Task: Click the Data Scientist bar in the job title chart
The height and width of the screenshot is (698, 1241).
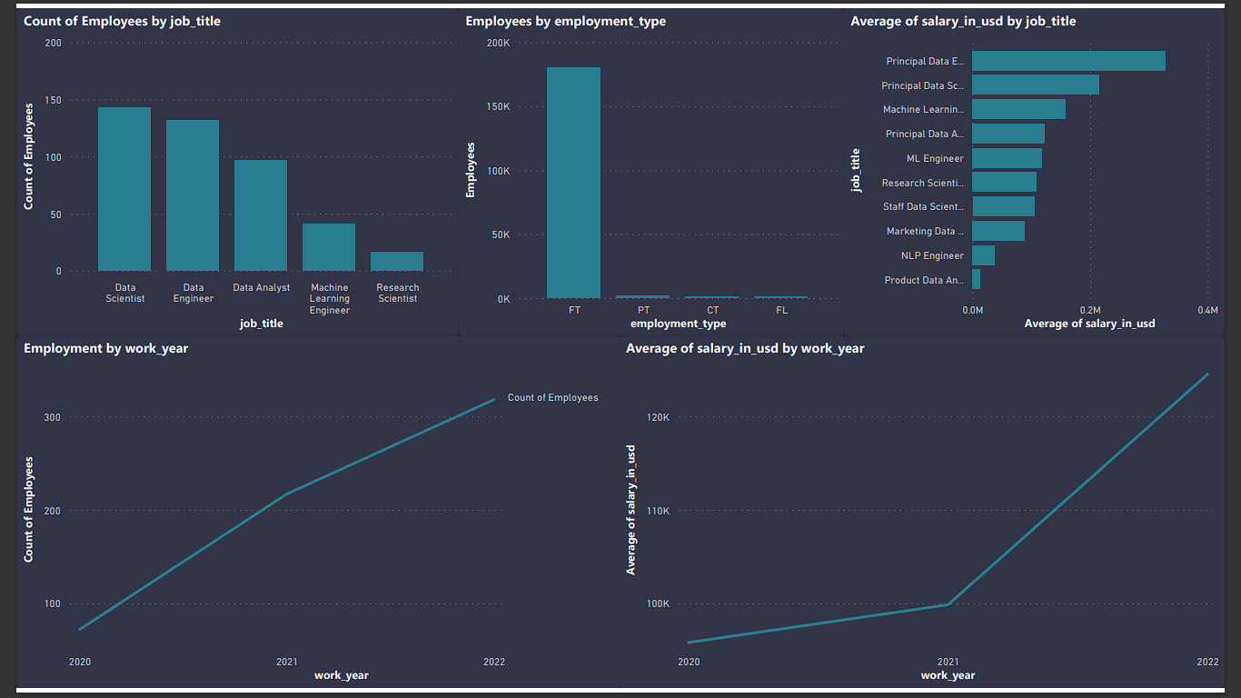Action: (124, 189)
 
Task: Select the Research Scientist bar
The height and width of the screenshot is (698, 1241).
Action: (397, 262)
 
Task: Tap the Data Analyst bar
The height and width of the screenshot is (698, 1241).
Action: (261, 215)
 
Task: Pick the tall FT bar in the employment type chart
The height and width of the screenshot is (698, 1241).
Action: (573, 182)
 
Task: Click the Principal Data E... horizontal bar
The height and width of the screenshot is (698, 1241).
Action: (1068, 61)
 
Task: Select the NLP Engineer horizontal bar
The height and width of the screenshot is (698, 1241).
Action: (983, 255)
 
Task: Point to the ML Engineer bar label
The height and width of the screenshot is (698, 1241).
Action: (935, 158)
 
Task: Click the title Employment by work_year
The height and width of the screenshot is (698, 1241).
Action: (105, 348)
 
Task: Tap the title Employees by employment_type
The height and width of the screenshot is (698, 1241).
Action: (565, 21)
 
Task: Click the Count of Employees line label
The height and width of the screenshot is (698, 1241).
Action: (552, 397)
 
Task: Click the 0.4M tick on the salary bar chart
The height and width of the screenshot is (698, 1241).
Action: (1207, 310)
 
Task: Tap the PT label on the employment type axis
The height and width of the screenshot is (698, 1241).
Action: (643, 310)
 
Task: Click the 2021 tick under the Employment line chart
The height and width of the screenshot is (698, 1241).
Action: (287, 662)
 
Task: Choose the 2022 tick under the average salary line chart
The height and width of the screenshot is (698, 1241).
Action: (1207, 662)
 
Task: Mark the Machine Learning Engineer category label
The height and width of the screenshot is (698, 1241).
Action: (329, 299)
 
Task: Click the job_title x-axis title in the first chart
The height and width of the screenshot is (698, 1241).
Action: (261, 324)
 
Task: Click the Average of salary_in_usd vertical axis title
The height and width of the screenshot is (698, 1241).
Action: (631, 509)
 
